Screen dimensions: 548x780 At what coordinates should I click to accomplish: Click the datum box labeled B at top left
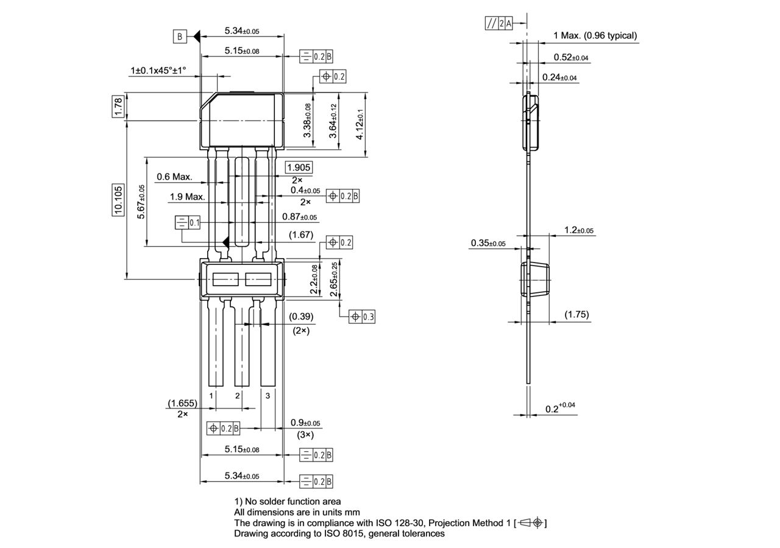click(180, 37)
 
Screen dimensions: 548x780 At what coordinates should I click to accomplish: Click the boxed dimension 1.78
click(119, 106)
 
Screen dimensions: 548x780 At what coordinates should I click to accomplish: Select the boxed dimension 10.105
click(118, 200)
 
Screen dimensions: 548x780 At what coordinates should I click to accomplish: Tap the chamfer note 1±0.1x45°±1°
click(158, 71)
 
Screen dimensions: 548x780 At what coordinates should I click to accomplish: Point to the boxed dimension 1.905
click(299, 167)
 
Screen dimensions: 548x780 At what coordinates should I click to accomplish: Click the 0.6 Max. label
click(174, 177)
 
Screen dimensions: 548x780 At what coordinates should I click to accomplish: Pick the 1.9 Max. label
click(187, 197)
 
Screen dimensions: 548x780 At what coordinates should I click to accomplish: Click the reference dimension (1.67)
click(301, 234)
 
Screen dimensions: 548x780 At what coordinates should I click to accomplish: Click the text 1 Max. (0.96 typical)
click(595, 35)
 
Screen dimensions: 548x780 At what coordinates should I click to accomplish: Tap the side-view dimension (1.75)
click(576, 314)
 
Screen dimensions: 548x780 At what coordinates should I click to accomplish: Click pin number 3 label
click(268, 396)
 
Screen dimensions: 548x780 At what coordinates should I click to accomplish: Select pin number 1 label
click(211, 396)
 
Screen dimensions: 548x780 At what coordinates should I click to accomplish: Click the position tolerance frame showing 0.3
click(362, 317)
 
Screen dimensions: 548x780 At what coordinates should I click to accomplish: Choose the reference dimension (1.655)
click(182, 403)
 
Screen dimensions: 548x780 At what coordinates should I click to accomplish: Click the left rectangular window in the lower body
click(225, 279)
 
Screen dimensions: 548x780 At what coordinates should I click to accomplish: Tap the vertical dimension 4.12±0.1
click(360, 125)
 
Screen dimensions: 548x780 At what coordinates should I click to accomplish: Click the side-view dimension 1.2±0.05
click(578, 230)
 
